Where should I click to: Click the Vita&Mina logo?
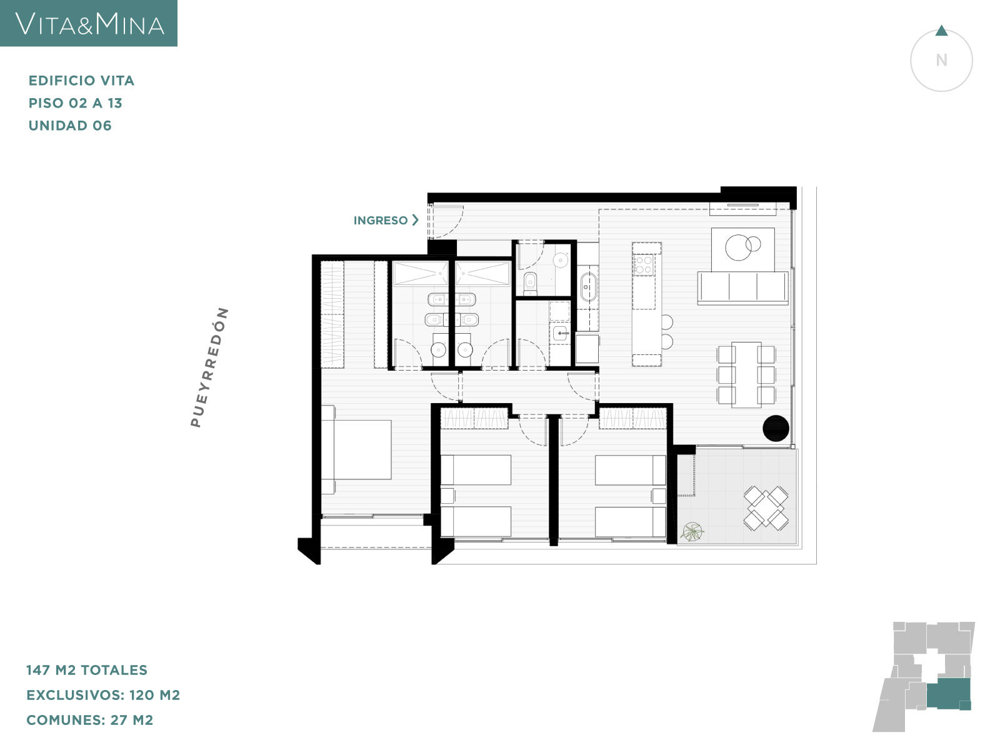(x=89, y=24)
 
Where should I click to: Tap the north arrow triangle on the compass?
(x=941, y=31)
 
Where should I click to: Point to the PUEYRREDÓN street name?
(x=209, y=367)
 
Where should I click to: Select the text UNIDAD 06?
(x=70, y=126)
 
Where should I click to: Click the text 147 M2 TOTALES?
(x=87, y=670)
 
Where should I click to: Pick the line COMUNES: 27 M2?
(x=90, y=720)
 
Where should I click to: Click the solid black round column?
(x=776, y=429)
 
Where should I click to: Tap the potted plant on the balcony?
(x=692, y=531)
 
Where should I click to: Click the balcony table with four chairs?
(x=766, y=508)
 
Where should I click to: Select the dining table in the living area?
(x=746, y=375)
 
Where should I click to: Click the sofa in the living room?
(x=743, y=287)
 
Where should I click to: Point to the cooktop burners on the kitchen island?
(x=644, y=264)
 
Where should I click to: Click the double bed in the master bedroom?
(x=356, y=449)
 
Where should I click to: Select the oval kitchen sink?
(x=589, y=287)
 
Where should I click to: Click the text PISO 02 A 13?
(x=76, y=103)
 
